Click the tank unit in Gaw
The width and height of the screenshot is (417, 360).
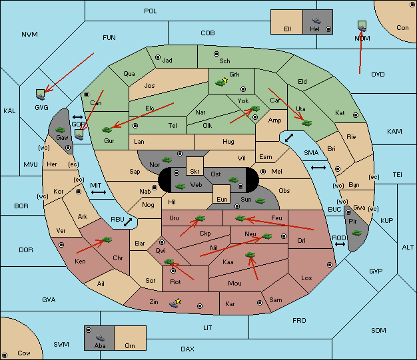tap(61, 130)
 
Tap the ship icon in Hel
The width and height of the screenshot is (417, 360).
tap(316, 21)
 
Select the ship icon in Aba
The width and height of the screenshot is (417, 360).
tap(101, 337)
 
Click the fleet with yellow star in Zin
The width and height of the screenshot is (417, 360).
tap(175, 303)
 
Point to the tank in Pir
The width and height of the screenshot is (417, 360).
tap(356, 233)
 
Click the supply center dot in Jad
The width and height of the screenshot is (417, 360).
tap(158, 57)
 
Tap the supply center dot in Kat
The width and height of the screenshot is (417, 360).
tap(356, 115)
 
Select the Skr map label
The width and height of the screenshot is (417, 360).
tap(195, 172)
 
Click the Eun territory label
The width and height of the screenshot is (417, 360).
tap(222, 199)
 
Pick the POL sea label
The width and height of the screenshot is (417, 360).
tap(151, 11)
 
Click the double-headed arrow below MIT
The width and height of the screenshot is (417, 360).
tap(99, 192)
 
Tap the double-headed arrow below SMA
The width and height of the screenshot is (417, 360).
tap(318, 168)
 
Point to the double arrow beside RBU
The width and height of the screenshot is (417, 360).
tap(128, 222)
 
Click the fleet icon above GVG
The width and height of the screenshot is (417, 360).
tap(41, 94)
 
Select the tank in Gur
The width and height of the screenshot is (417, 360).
tap(107, 130)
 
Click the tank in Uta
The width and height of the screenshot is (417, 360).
tap(306, 123)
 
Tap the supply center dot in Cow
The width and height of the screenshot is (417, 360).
tap(5, 355)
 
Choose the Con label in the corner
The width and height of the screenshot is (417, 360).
tap(402, 28)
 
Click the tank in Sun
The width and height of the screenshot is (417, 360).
tap(260, 201)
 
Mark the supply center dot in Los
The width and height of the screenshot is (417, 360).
tap(330, 265)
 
